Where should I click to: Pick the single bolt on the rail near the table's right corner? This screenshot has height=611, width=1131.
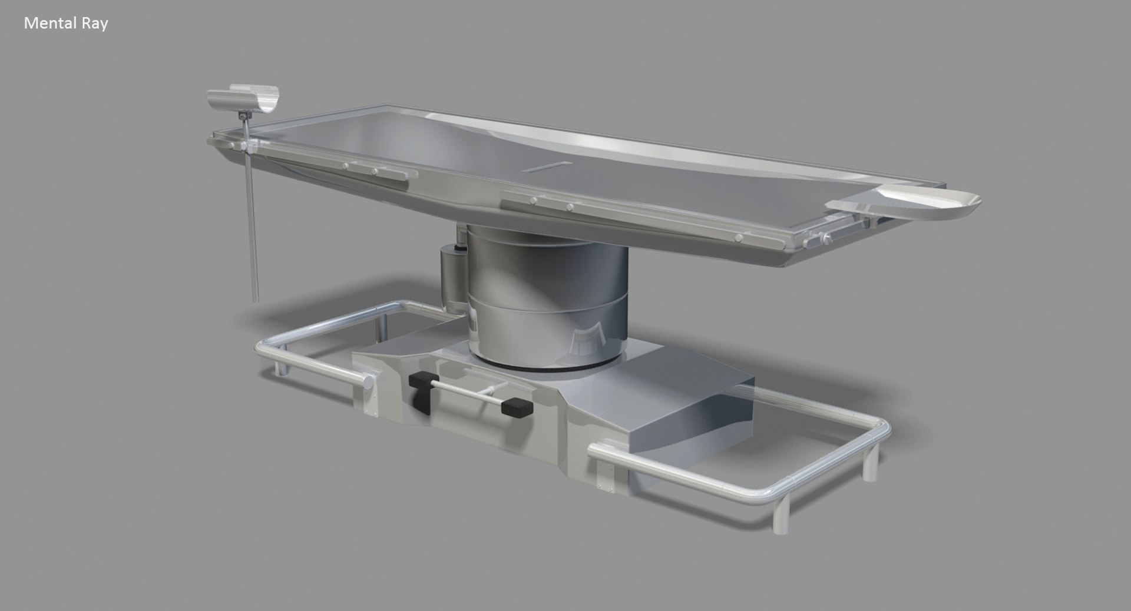point(739,237)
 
